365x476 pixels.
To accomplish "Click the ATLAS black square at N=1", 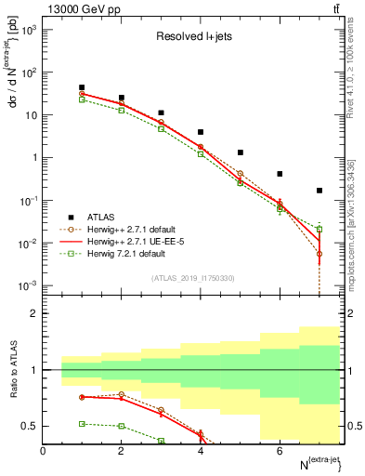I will tap(83, 87).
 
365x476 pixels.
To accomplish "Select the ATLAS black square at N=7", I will tap(319, 191).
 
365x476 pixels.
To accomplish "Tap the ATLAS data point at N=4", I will tap(201, 132).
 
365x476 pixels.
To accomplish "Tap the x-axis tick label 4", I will tap(201, 451).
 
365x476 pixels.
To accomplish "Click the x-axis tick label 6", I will tap(280, 451).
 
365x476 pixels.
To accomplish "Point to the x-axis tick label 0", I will tap(43, 451).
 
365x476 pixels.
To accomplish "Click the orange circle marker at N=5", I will tap(241, 174).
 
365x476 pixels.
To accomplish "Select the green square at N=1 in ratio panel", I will tap(83, 424).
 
